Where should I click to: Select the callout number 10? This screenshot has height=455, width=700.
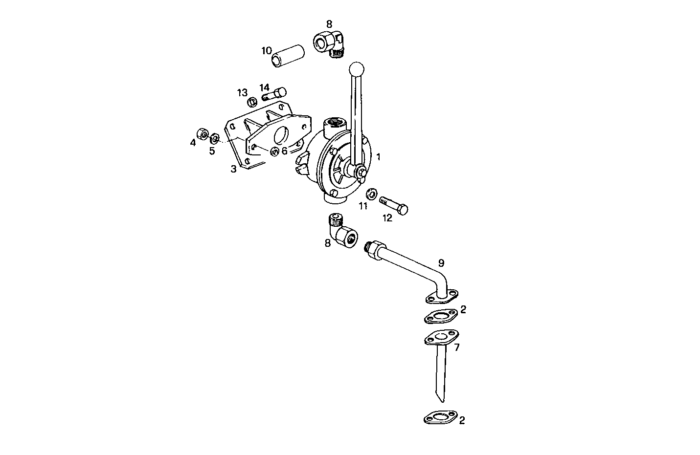267,50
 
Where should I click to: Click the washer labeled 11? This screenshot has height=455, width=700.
371,194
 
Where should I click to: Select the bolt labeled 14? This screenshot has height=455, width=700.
274,94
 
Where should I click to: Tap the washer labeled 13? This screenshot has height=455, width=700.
252,102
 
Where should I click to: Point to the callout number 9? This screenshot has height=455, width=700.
441,262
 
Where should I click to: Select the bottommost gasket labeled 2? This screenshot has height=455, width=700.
440,418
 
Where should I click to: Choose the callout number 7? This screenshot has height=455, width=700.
457,347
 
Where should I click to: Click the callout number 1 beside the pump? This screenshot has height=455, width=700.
379,157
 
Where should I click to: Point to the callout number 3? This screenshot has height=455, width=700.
234,169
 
